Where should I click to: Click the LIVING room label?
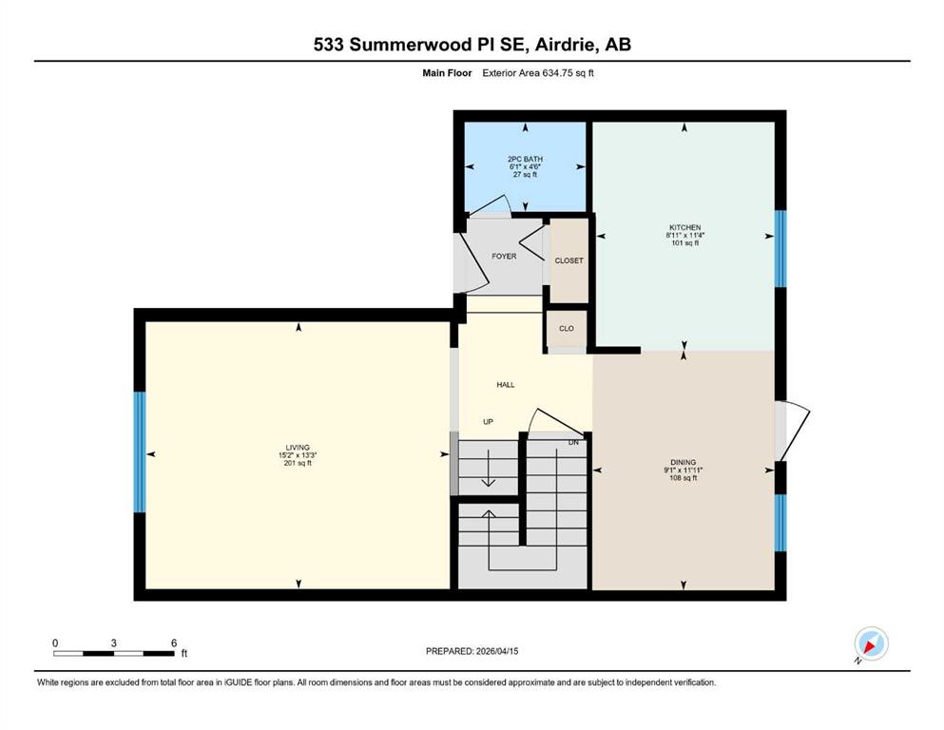pos(298,447)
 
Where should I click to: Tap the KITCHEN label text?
pos(685,227)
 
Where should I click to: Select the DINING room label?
pos(684,462)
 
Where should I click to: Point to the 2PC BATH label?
pos(525,159)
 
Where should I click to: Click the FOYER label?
pos(504,256)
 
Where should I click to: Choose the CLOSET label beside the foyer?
pos(568,260)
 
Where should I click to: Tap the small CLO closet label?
pos(567,329)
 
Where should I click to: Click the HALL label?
pos(506,385)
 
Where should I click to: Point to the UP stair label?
pos(489,422)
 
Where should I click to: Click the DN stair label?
pos(574,442)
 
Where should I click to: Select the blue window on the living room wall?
pos(140,452)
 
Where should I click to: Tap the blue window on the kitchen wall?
pos(780,248)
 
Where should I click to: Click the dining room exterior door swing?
pos(794,432)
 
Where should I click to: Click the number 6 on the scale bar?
pos(174,643)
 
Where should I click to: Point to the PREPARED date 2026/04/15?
pos(496,651)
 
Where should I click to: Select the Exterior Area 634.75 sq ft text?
pos(538,73)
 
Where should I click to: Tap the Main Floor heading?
pos(447,73)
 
